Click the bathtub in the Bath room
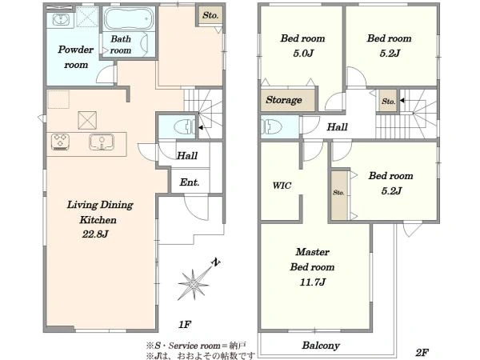pyautogui.click(x=129, y=18)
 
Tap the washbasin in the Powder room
pyautogui.click(x=61, y=20)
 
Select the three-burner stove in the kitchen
pyautogui.click(x=60, y=142)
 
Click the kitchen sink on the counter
pyautogui.click(x=102, y=142)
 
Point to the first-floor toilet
pyautogui.click(x=184, y=126)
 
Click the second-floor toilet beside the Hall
pyautogui.click(x=271, y=126)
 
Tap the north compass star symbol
pyautogui.click(x=194, y=285)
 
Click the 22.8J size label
pyautogui.click(x=95, y=234)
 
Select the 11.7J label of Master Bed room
pyautogui.click(x=313, y=282)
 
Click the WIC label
pyautogui.click(x=282, y=186)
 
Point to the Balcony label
pyautogui.click(x=321, y=346)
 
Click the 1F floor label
pyautogui.click(x=185, y=324)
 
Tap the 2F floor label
pyautogui.click(x=422, y=352)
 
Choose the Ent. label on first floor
pyautogui.click(x=190, y=182)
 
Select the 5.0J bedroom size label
pyautogui.click(x=303, y=54)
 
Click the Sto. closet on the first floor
pyautogui.click(x=210, y=15)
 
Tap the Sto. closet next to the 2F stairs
pyautogui.click(x=388, y=101)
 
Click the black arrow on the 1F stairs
pyautogui.click(x=201, y=127)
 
